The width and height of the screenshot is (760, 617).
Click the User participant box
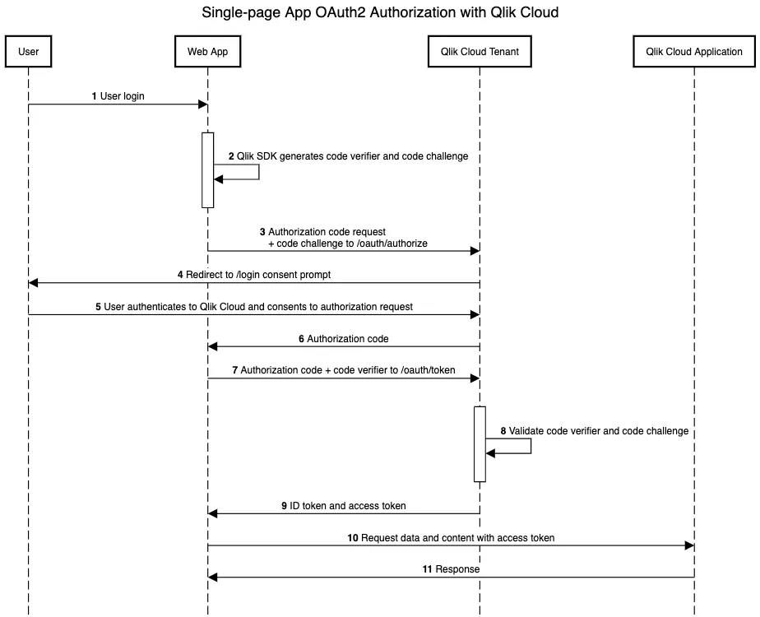(28, 51)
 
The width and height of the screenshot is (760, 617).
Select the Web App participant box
(207, 51)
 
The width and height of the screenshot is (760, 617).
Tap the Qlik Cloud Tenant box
(480, 51)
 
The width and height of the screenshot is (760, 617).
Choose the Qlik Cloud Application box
(694, 51)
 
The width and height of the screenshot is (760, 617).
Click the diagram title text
(380, 12)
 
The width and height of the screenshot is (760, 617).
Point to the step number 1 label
(95, 96)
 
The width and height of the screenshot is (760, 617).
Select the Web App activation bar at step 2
(207, 169)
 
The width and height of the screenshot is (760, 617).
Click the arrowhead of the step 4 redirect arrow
(33, 283)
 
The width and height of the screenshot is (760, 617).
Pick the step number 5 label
(98, 307)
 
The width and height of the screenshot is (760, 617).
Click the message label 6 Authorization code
(344, 339)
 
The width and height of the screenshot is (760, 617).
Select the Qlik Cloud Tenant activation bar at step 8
(480, 444)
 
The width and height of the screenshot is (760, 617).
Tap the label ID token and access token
(347, 506)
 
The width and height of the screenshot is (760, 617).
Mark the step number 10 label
(353, 538)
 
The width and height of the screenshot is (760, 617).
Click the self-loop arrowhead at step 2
(218, 179)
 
